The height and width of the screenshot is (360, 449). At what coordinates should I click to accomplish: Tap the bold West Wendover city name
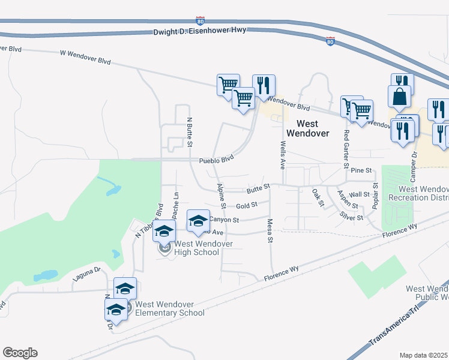click(x=308, y=128)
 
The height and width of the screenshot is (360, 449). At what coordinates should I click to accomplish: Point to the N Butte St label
click(x=189, y=132)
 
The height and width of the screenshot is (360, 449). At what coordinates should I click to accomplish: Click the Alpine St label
click(x=221, y=196)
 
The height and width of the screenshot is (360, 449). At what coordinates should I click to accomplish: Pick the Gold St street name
click(x=247, y=205)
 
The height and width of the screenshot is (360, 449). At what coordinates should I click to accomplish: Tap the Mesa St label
click(x=270, y=230)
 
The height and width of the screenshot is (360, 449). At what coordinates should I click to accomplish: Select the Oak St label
click(x=318, y=198)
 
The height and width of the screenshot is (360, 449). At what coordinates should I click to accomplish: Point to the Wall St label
click(x=359, y=194)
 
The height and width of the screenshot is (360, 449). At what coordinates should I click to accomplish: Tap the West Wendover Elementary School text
click(x=170, y=308)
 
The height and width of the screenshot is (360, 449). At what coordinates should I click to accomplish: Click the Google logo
click(x=20, y=353)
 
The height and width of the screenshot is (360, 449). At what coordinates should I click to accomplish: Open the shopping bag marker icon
click(x=400, y=96)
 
